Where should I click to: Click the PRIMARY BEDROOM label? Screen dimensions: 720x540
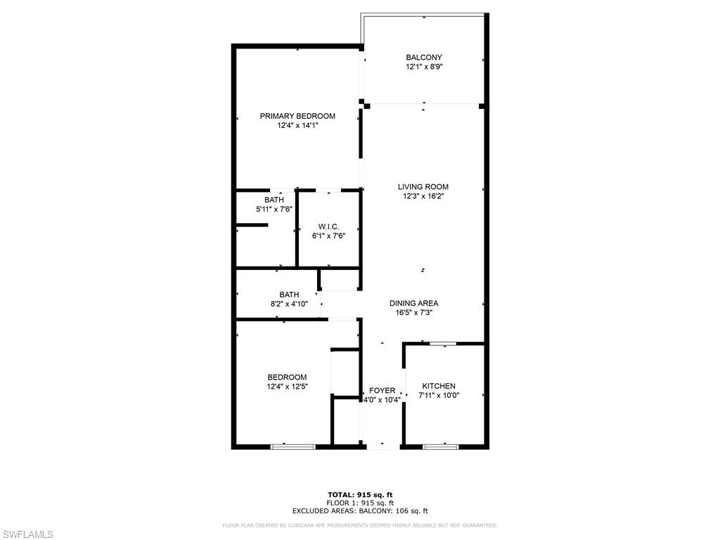[297, 116]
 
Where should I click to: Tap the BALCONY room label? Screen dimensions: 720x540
[424, 58]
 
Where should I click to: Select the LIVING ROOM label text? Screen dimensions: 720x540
[423, 187]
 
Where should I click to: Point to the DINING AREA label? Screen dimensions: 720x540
[413, 303]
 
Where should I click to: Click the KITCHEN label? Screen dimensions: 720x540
[439, 386]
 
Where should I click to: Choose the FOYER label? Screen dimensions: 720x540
[382, 390]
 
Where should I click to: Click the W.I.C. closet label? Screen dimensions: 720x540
[329, 227]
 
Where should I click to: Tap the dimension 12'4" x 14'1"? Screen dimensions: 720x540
[297, 125]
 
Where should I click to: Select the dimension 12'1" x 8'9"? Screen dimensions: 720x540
[424, 67]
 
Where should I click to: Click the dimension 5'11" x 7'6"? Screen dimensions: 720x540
[274, 209]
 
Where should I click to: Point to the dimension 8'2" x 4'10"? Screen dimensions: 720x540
[289, 304]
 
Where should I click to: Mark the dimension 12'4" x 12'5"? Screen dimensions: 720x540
[288, 387]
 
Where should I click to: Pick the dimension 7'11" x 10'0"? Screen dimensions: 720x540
[439, 395]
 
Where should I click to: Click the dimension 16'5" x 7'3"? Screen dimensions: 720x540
[413, 312]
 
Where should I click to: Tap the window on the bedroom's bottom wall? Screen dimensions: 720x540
[293, 446]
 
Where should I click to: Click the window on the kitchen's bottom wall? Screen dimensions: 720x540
[440, 446]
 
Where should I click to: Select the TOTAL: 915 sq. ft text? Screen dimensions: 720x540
[360, 494]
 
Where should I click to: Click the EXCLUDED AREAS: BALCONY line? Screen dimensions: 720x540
[360, 510]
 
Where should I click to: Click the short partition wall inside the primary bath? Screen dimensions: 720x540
[252, 225]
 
